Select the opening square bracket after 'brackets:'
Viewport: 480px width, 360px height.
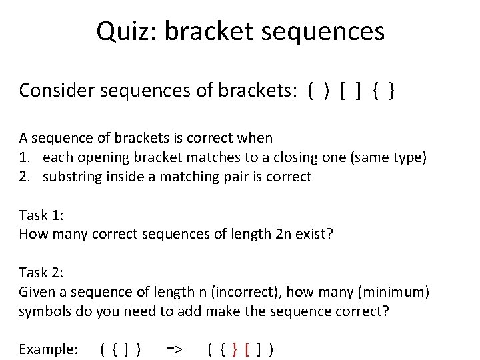[342, 91]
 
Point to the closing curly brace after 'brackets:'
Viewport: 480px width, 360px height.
[391, 91]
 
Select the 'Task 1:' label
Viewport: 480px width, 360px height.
[43, 215]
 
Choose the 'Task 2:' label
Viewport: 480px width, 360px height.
[43, 272]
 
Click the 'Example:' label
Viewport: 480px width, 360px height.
[48, 349]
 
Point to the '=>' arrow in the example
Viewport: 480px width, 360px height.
[174, 349]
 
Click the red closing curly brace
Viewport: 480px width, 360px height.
[234, 349]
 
